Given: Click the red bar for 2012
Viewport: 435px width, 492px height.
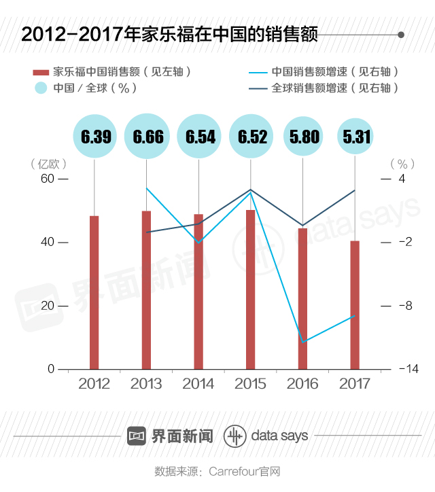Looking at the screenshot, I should pos(94,292).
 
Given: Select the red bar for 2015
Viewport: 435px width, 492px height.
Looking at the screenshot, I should pos(250,289).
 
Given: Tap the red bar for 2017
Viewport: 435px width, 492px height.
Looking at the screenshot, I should pos(355,304).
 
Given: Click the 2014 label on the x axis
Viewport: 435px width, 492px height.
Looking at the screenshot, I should pos(198,384).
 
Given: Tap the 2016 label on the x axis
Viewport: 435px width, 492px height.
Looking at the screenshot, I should pos(302,384).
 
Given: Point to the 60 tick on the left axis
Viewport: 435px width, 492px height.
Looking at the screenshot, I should pos(47,179).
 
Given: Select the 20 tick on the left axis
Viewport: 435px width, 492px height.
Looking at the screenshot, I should pos(47,306).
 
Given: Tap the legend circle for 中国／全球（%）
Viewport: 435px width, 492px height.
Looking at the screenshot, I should pos(41,88).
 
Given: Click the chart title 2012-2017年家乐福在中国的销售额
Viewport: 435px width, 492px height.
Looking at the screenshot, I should pos(169,35).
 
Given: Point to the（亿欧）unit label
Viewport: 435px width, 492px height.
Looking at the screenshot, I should pos(49,164).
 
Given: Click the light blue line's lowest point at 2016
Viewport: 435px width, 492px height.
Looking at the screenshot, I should pos(303,342).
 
